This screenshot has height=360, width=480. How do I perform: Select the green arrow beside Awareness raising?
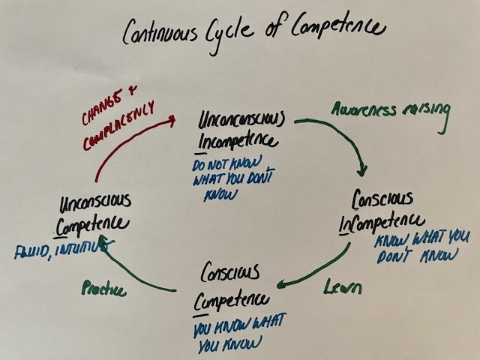click(x=330, y=139)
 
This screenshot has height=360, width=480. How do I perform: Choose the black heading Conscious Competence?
click(x=233, y=285)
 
